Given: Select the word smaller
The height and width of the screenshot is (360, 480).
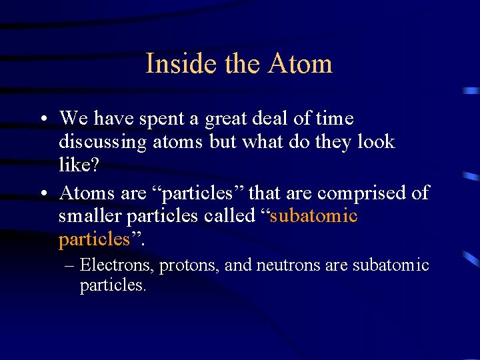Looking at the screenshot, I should [x=90, y=216].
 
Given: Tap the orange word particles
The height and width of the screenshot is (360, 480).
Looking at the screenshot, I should [x=93, y=239].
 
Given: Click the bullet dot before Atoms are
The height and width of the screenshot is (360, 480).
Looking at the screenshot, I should [x=42, y=194].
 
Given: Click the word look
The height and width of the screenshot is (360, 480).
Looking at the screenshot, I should [x=375, y=142].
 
